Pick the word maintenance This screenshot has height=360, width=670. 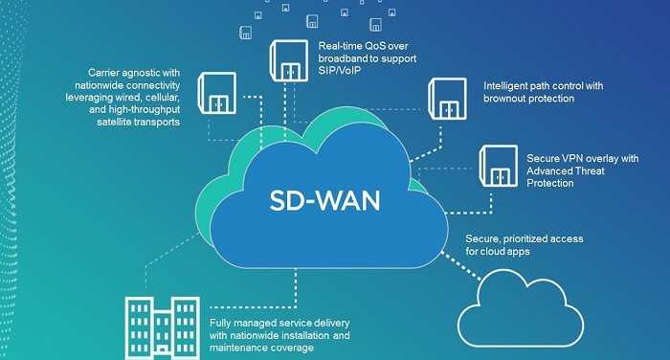(x=245, y=348)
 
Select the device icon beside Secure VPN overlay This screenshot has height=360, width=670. (x=501, y=165)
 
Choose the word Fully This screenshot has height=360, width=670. (x=223, y=323)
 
